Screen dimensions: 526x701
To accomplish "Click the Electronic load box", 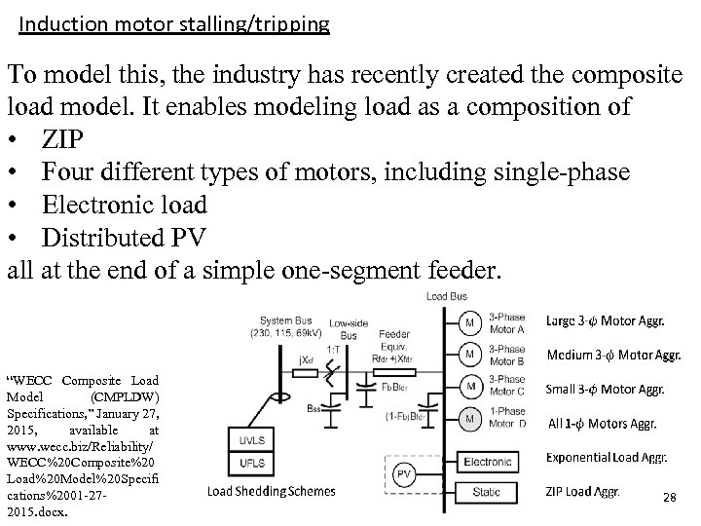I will tap(487, 460).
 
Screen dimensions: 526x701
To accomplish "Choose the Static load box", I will tap(487, 493).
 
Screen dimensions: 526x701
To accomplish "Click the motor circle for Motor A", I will tap(469, 321).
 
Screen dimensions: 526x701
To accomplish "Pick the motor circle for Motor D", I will tap(469, 419).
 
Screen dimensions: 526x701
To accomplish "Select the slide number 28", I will tap(669, 498).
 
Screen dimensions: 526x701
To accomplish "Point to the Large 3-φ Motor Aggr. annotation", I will tap(606, 320).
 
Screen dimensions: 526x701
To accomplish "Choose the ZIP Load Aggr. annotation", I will tap(582, 491).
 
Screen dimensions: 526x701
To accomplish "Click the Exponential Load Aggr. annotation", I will tap(606, 457).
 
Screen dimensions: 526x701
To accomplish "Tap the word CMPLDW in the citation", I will tap(125, 396).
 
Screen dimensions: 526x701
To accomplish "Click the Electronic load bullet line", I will tap(124, 206).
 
